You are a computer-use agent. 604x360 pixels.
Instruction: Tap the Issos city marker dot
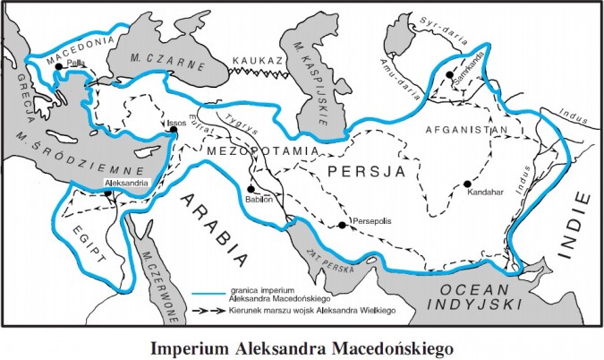pyautogui.click(x=173, y=131)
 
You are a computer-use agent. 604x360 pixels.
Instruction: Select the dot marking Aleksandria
pyautogui.click(x=106, y=191)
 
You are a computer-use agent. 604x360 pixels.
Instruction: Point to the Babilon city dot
pyautogui.click(x=251, y=189)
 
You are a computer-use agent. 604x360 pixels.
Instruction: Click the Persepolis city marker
pyautogui.click(x=343, y=225)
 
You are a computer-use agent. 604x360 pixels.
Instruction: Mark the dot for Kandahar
pyautogui.click(x=467, y=184)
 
